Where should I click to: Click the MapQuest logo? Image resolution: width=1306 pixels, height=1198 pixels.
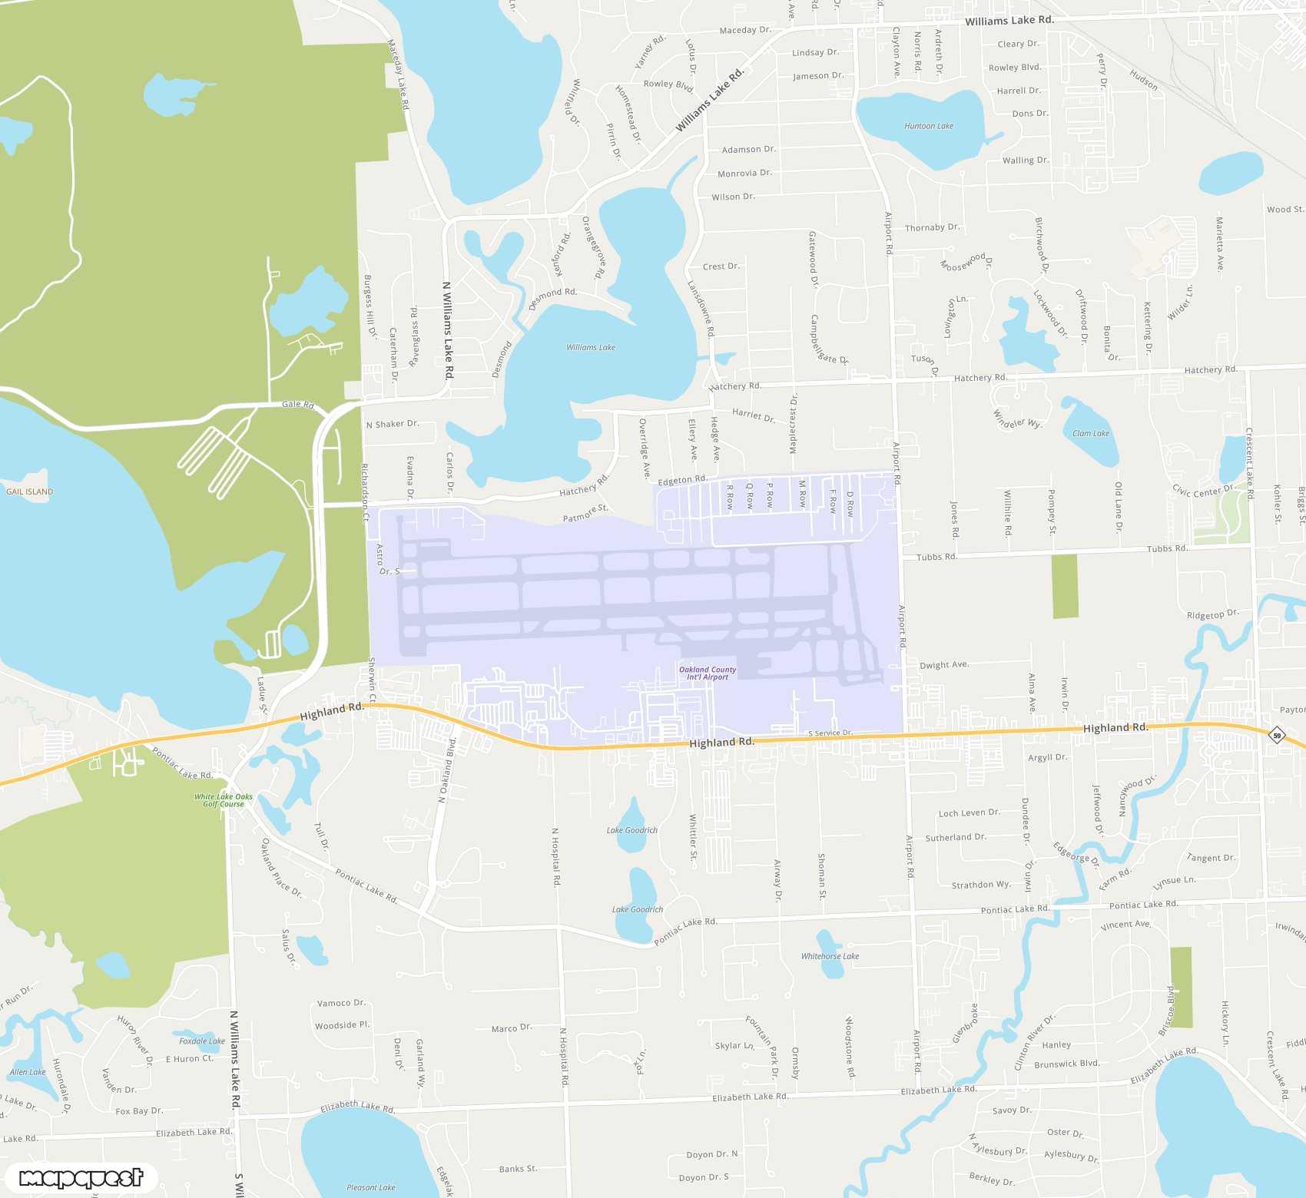point(81,1178)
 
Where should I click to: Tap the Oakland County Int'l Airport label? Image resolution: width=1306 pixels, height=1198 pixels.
point(708,673)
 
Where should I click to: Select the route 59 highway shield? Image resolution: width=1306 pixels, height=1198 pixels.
point(1277,736)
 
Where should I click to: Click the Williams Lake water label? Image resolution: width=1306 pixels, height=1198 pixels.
point(591,347)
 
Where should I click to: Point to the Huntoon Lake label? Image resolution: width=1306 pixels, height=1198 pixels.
point(929,126)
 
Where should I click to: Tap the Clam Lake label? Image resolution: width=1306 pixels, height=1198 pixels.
point(1091,433)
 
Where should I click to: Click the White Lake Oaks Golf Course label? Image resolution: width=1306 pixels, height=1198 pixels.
point(224,800)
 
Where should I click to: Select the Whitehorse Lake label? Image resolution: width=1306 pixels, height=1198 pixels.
point(830,956)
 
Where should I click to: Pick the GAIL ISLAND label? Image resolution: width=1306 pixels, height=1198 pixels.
point(30,491)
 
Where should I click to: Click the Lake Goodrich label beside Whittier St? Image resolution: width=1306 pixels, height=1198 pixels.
point(632,830)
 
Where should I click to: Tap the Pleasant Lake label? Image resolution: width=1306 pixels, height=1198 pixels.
point(371,1187)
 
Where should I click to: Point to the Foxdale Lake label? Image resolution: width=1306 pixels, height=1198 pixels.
point(202,1041)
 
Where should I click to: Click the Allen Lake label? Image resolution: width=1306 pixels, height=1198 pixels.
point(28,1072)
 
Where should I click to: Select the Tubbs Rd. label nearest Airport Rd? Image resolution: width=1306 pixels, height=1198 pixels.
point(936,557)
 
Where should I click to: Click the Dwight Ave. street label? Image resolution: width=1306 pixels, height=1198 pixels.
point(944,665)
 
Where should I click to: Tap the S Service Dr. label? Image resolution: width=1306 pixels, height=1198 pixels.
point(830,733)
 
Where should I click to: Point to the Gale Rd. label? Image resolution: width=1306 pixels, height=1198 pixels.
point(298,404)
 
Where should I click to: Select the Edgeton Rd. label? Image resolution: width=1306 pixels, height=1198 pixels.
point(682,480)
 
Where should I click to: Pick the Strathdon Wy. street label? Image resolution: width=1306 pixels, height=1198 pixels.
point(981,885)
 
